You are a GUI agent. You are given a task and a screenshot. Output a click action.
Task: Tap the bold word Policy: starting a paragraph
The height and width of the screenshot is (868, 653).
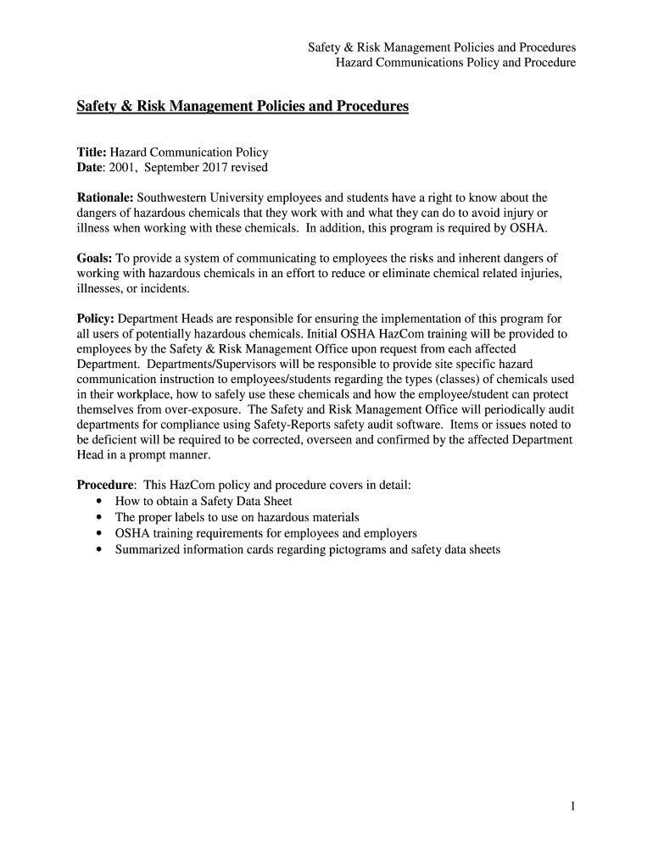click(x=96, y=319)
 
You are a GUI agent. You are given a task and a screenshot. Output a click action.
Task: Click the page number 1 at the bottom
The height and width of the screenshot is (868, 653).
click(x=573, y=807)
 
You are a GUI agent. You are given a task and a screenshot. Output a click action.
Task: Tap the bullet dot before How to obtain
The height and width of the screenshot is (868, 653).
click(x=99, y=502)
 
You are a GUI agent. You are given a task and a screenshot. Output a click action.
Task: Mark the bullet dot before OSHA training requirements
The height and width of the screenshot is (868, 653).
click(x=99, y=534)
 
